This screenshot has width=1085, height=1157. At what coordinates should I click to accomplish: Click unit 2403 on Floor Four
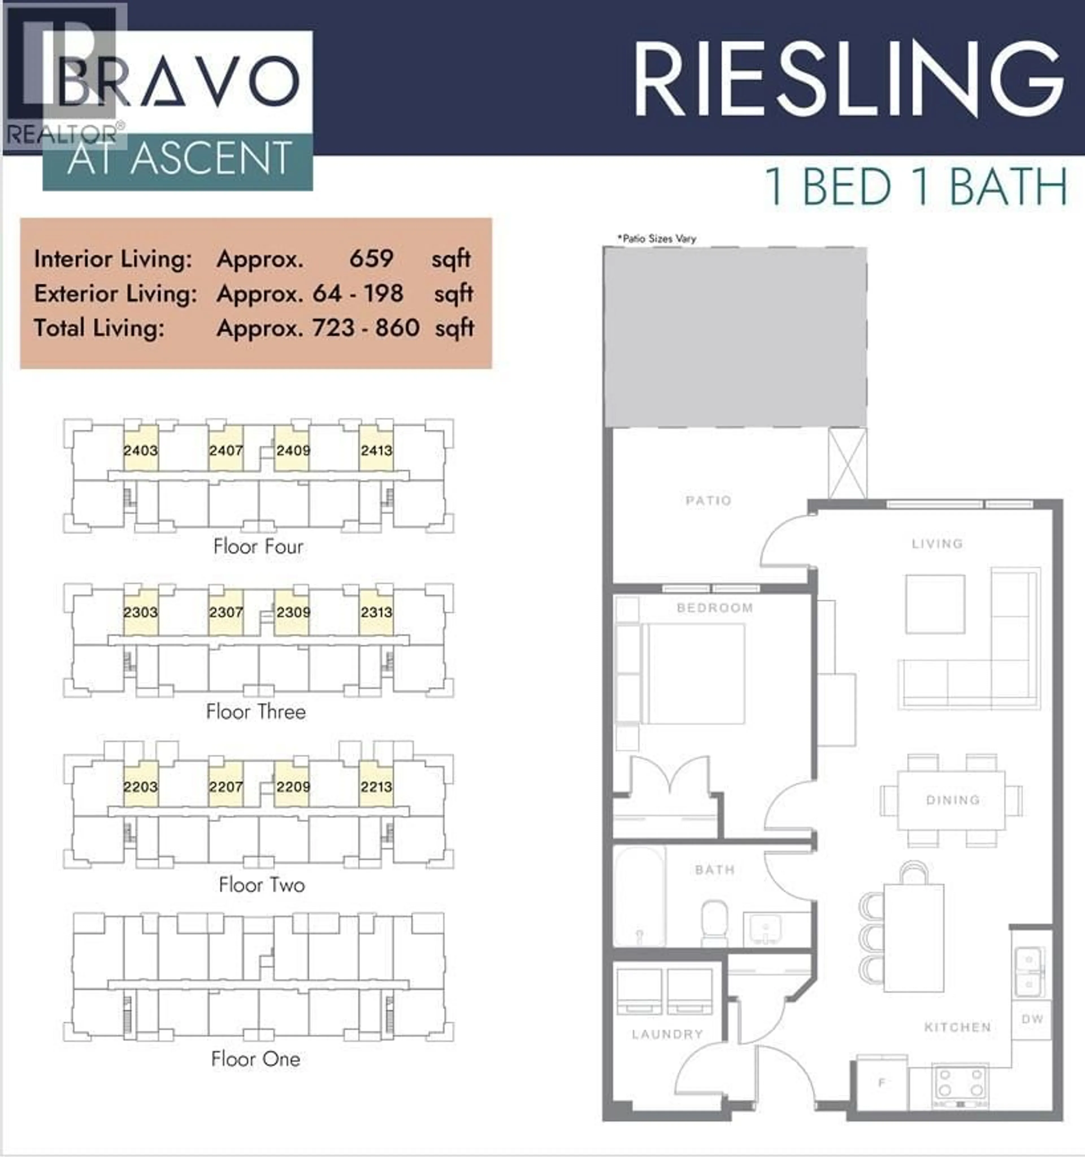(141, 450)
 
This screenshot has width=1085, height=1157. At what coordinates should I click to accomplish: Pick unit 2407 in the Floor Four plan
(226, 450)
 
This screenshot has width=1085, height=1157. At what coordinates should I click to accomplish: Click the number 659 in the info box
(371, 258)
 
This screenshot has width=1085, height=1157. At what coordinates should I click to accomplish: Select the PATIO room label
(708, 501)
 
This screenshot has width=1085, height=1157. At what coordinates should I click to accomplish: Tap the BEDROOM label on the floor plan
(714, 607)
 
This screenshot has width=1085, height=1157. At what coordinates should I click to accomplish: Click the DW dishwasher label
(1032, 1018)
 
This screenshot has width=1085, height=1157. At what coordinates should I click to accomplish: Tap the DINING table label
(952, 800)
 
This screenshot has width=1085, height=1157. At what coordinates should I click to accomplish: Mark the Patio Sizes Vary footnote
(657, 238)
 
